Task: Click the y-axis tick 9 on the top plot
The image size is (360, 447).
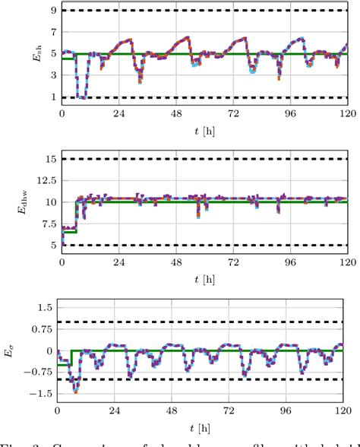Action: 53,11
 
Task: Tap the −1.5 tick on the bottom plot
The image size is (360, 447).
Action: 39,395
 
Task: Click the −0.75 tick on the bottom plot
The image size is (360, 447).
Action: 36,372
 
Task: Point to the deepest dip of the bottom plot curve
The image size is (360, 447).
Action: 75,392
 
